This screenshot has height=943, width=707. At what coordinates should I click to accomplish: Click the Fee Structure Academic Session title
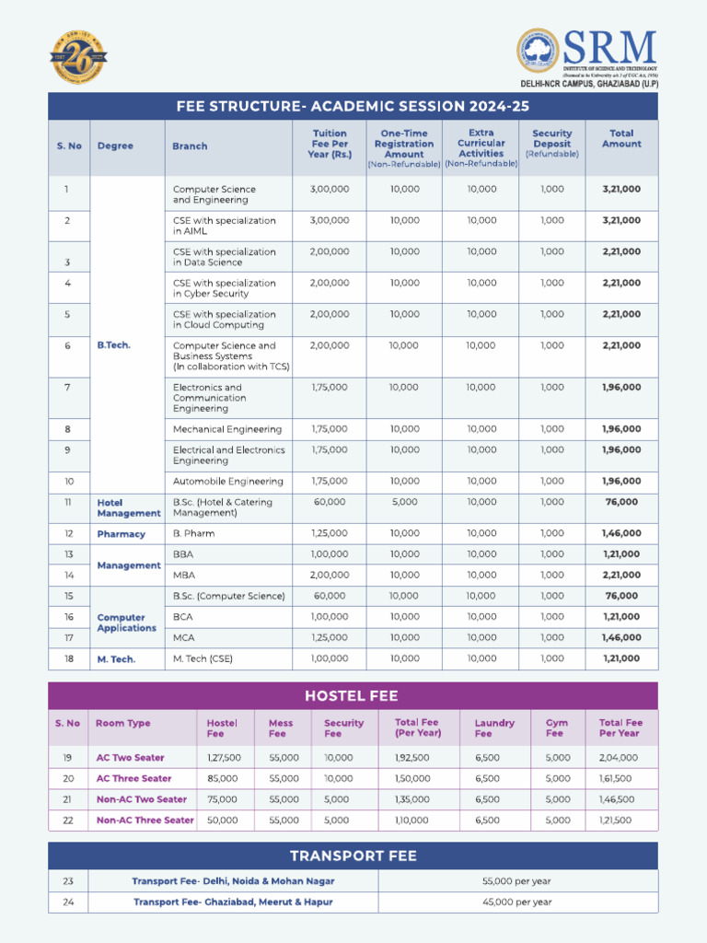(353, 106)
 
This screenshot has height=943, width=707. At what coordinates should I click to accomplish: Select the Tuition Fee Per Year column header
(330, 144)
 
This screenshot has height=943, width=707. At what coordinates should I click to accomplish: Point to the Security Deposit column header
(551, 144)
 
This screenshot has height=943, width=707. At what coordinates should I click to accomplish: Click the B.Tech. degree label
(114, 345)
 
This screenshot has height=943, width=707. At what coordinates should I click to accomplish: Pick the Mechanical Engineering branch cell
(228, 429)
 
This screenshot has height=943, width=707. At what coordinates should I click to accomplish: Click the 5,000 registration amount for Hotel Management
(403, 502)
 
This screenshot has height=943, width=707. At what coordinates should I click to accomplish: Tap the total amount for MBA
(620, 575)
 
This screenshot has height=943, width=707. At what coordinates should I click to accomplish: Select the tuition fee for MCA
(330, 637)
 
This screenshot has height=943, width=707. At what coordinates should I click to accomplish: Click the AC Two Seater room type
(130, 758)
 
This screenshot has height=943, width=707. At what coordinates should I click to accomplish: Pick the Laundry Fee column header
(493, 728)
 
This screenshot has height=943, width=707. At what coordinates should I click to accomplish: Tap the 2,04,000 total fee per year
(618, 758)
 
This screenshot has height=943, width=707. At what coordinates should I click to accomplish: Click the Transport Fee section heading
(353, 856)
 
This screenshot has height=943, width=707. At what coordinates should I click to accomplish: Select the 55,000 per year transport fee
(516, 881)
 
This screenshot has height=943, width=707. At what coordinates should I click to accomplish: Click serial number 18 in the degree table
(68, 658)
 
